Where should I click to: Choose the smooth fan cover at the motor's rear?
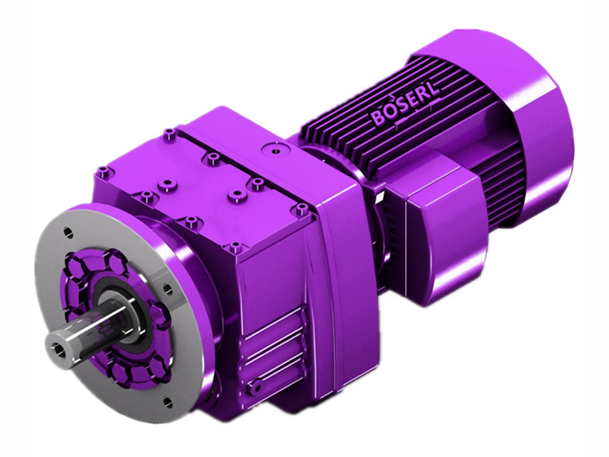point(533,129)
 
